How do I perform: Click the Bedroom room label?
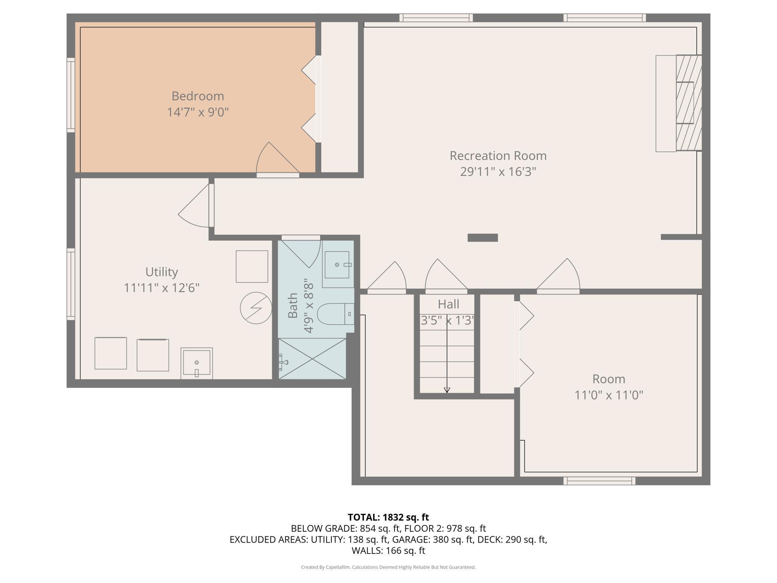click(x=198, y=96)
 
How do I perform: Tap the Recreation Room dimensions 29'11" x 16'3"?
click(x=498, y=172)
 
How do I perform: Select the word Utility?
click(x=161, y=272)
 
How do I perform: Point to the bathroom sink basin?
click(x=337, y=265)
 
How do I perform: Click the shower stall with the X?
click(x=312, y=358)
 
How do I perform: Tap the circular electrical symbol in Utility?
click(x=256, y=308)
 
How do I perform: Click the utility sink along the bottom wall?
click(x=196, y=363)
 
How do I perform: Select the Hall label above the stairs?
click(x=448, y=304)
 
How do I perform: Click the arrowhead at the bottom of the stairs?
click(x=447, y=390)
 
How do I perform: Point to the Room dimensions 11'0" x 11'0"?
click(x=609, y=395)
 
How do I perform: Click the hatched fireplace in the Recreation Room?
click(x=689, y=103)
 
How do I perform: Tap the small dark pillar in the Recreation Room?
click(x=483, y=238)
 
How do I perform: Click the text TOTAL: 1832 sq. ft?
click(x=388, y=517)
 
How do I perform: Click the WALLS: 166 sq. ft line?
click(x=388, y=550)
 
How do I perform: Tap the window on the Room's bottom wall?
click(x=599, y=481)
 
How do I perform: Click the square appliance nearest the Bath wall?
click(x=252, y=266)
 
